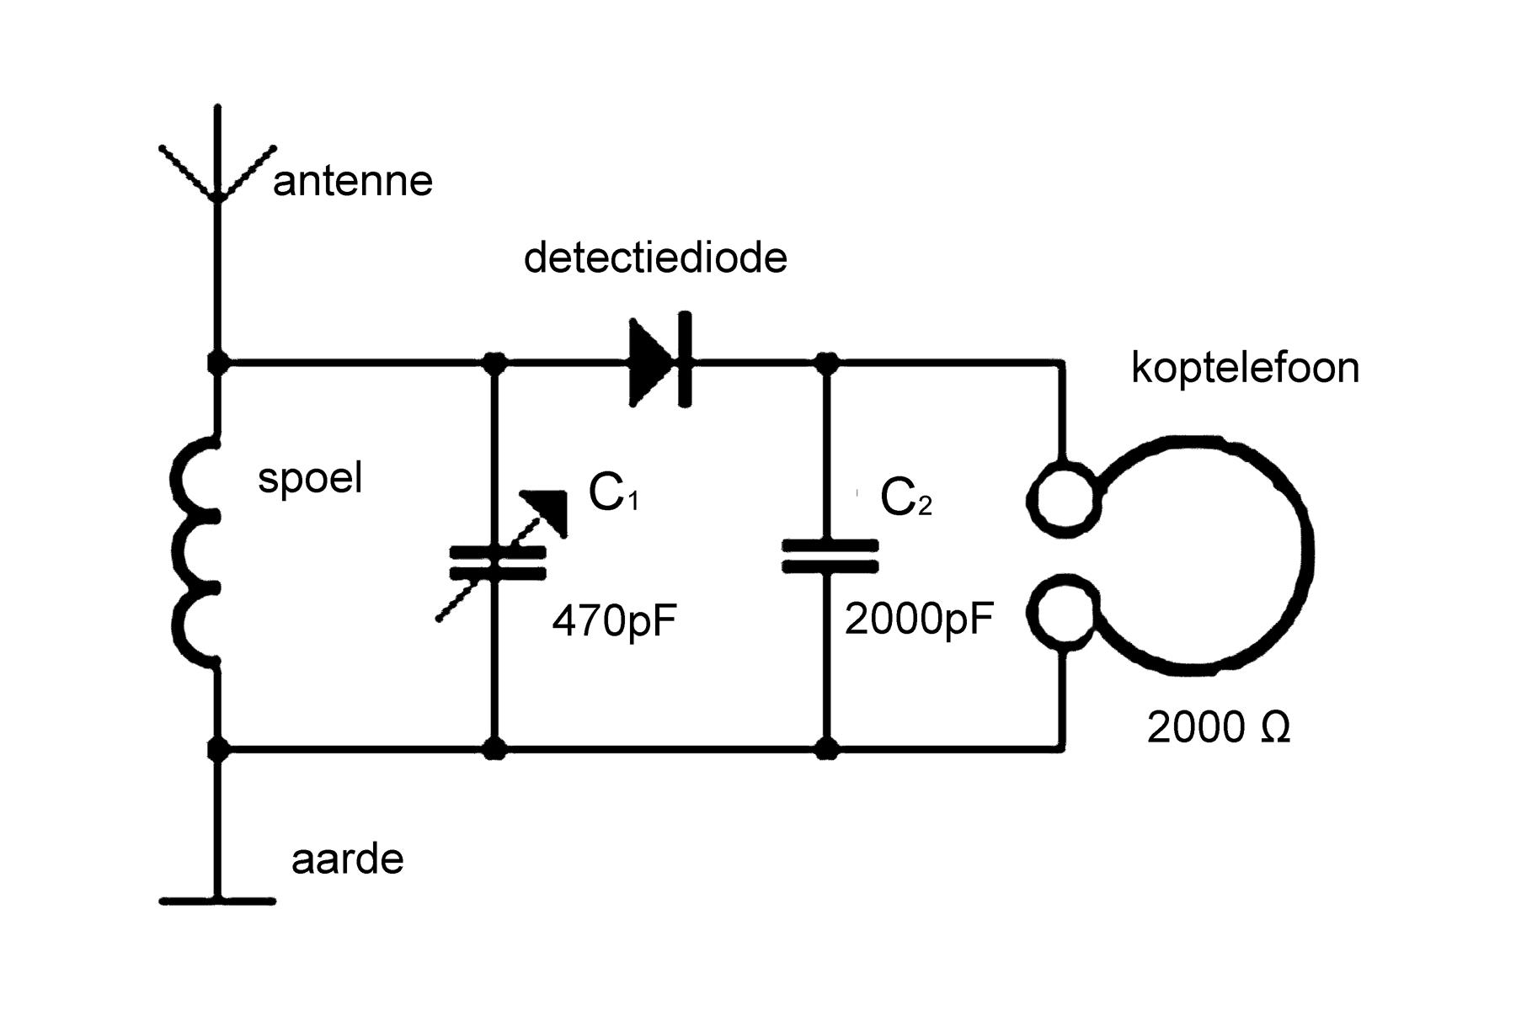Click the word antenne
click(x=352, y=181)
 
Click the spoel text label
click(x=310, y=478)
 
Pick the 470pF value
click(x=615, y=622)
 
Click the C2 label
click(x=905, y=497)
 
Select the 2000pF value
click(x=919, y=619)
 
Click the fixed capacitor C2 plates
click(x=830, y=555)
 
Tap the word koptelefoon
click(x=1245, y=368)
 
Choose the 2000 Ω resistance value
click(x=1219, y=726)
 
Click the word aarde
click(x=347, y=859)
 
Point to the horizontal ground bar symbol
click(x=217, y=901)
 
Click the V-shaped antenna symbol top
click(x=217, y=173)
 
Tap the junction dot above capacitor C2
click(x=828, y=364)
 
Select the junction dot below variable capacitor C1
click(x=495, y=747)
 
